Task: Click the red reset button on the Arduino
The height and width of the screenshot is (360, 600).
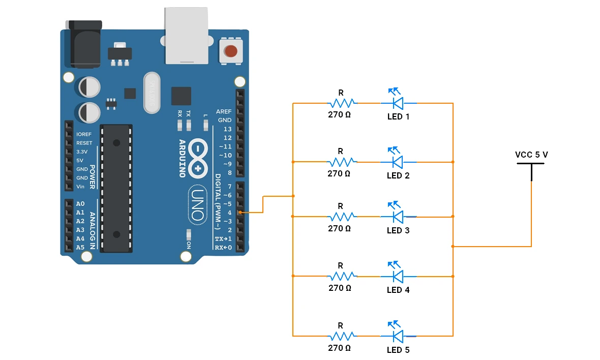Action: (x=231, y=50)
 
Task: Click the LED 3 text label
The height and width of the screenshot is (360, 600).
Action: (x=398, y=230)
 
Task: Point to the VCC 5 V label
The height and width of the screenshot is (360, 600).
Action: (x=531, y=155)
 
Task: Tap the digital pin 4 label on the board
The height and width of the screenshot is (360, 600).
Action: (x=230, y=213)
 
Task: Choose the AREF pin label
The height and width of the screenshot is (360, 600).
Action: (x=223, y=111)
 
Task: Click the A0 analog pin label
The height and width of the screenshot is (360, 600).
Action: (x=80, y=203)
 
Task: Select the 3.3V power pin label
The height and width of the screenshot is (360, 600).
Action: (x=82, y=152)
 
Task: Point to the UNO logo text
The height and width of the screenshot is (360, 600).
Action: (x=198, y=205)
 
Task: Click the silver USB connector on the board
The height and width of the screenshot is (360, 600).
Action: (x=186, y=36)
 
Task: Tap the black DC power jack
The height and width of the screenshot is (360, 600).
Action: (x=85, y=44)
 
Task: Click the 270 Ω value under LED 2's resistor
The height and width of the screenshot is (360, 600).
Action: (x=339, y=173)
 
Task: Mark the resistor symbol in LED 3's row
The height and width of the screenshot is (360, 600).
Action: (x=342, y=217)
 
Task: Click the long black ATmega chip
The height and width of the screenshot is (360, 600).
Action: (x=116, y=188)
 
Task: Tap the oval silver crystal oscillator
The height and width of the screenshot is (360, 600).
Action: (x=152, y=93)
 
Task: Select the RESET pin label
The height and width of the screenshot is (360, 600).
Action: (x=84, y=143)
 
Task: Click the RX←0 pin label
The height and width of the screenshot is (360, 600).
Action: (x=223, y=248)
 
